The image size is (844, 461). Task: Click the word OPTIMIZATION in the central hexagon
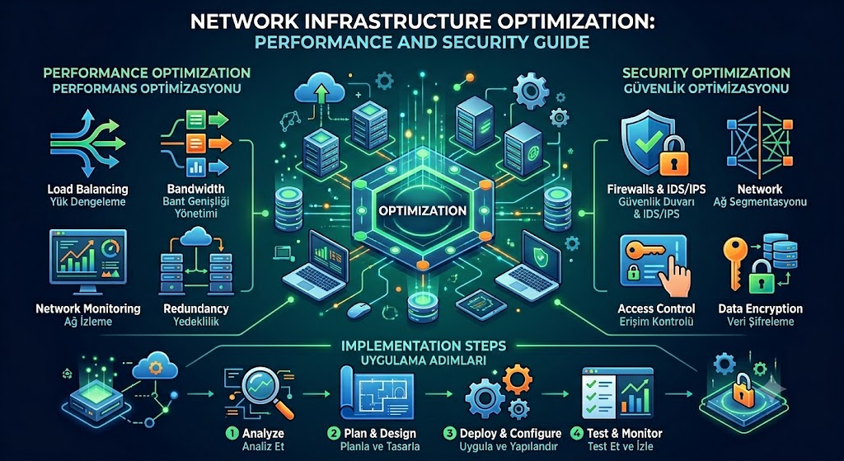point(422,209)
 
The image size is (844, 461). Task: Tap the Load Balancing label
point(87,190)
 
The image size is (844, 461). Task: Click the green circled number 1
point(232,434)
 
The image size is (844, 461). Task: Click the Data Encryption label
point(760,309)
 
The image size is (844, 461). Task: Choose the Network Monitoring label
point(87,309)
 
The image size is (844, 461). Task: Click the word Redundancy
point(195,309)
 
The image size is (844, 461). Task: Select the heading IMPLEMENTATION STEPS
point(422,345)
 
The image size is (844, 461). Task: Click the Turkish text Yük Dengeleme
point(87,203)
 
